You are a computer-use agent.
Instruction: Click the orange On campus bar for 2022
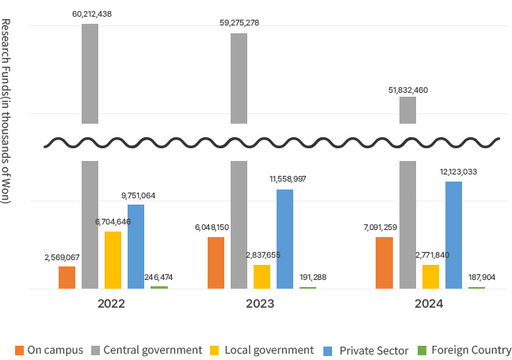pos(67,278)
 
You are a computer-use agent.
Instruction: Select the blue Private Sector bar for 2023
pos(285,239)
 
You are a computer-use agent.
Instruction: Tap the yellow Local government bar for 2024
pos(430,276)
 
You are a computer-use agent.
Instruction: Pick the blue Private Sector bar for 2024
pos(453,235)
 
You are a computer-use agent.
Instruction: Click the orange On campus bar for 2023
pos(216,262)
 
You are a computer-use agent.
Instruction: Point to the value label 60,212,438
pos(90,13)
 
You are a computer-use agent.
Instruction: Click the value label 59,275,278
pos(239,23)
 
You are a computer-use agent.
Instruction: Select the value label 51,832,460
pos(407,90)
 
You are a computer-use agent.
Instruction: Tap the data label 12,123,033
pos(457,171)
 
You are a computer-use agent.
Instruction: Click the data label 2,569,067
pos(63,258)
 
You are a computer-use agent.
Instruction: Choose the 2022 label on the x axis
pos(111,304)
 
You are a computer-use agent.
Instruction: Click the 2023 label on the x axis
pos(261,304)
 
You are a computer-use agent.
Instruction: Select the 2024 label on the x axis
pos(429,304)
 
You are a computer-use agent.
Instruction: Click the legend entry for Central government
pos(147,350)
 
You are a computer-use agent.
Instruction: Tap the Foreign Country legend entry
pos(464,350)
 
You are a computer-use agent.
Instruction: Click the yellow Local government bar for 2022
pos(113,259)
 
